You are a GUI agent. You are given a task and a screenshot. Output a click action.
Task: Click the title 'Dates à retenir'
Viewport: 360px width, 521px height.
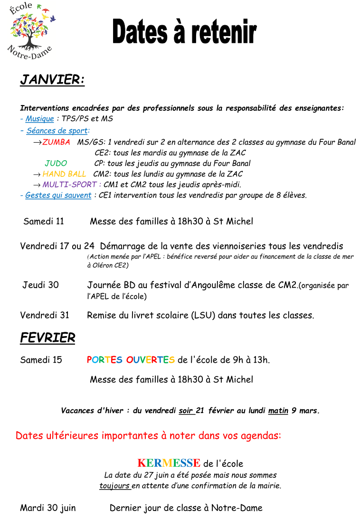coord(184,32)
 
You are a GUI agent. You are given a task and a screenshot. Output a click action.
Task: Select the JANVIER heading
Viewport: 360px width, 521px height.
coord(52,80)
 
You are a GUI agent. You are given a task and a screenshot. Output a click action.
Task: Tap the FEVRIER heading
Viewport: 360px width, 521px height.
coord(47,338)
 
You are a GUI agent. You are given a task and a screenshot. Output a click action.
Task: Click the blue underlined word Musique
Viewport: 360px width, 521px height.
coord(39,119)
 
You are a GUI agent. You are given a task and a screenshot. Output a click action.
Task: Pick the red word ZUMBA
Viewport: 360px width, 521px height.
coord(56,142)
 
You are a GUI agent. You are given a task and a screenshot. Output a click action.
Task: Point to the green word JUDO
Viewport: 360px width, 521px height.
coord(56,164)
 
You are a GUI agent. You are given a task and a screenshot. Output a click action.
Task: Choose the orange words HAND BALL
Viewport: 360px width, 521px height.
coord(64,174)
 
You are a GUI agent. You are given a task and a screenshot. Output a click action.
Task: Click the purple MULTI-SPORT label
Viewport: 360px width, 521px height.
coord(69,184)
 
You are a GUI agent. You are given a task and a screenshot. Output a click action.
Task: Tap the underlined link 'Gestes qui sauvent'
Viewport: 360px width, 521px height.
coord(58,195)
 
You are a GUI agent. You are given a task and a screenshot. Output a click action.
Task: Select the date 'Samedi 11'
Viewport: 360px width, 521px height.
coord(43,221)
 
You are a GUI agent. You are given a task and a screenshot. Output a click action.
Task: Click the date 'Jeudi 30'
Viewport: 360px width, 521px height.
coord(40,285)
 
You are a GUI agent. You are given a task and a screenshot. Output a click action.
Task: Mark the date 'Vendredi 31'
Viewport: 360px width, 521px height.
coord(45,315)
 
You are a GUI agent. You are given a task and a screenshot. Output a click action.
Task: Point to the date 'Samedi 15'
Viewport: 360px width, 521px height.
coord(41,360)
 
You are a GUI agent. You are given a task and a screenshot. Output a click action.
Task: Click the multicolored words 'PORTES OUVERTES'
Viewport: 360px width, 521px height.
coord(131,360)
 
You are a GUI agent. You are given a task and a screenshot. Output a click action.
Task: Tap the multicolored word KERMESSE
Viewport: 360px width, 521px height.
coord(169,463)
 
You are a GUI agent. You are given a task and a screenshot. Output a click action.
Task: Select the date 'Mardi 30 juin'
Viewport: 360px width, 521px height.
coord(47,508)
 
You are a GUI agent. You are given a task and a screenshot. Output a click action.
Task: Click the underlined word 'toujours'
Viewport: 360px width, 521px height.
coord(114,486)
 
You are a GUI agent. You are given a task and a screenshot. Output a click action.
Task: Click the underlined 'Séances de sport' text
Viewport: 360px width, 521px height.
coord(57,131)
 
